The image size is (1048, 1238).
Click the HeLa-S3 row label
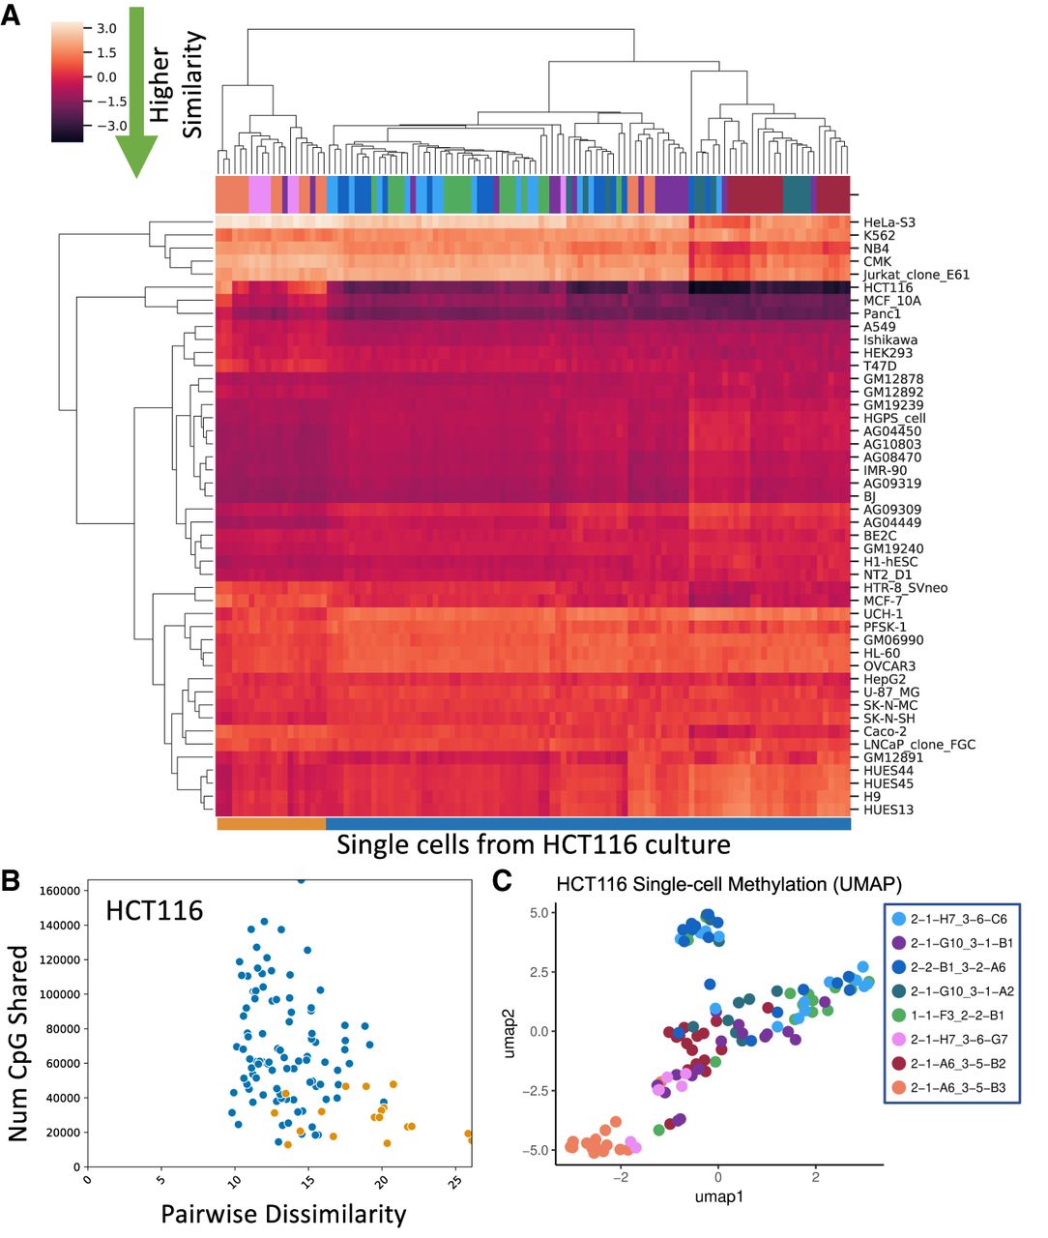(888, 222)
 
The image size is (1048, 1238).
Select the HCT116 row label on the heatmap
(888, 287)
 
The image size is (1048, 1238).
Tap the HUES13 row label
(888, 810)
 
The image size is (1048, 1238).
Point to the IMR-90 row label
(885, 470)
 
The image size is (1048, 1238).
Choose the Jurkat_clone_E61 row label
(916, 275)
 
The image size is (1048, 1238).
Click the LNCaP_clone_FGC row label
(918, 745)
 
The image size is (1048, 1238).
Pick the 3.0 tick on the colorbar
(106, 28)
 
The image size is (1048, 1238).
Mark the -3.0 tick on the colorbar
(112, 125)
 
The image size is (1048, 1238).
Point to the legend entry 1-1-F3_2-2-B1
(949, 1016)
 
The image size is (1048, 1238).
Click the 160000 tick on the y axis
(59, 891)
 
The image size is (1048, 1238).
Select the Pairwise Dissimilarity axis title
(283, 1214)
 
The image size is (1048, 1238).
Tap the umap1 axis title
(718, 1196)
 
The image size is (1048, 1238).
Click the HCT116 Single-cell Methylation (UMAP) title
(729, 884)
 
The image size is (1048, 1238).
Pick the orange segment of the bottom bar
(272, 823)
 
